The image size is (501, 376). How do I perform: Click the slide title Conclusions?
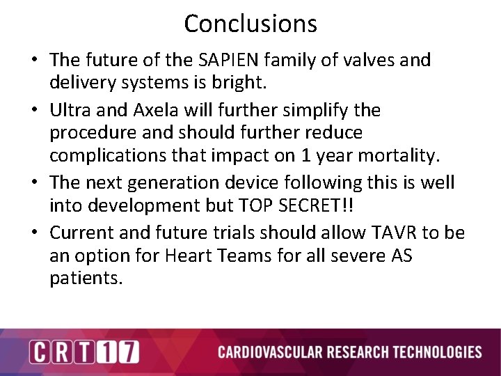point(250,24)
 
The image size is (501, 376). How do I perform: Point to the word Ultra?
point(71,110)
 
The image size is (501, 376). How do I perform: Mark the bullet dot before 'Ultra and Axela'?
point(35,111)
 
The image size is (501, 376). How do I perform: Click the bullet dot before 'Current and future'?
point(35,233)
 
